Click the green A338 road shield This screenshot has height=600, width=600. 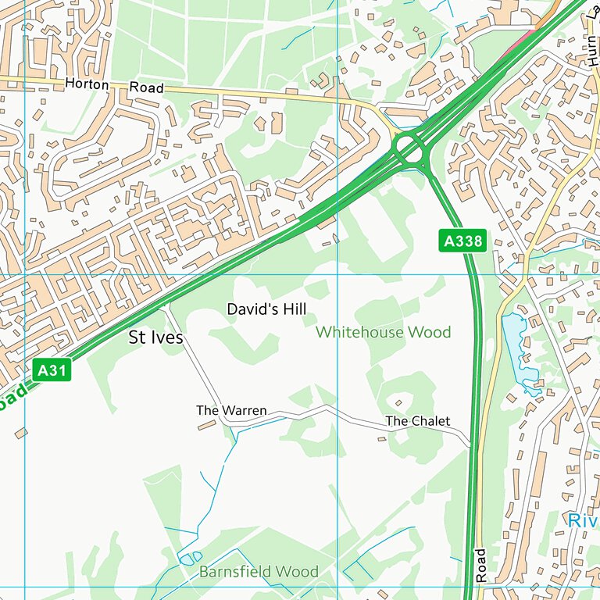463,241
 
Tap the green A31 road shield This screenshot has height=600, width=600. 52,370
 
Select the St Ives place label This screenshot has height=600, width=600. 156,338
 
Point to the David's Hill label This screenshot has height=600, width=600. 266,309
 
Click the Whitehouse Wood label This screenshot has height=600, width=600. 383,333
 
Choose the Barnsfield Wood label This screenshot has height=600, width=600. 259,572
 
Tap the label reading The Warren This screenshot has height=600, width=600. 231,410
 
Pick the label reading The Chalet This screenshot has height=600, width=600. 418,421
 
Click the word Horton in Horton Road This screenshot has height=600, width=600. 87,84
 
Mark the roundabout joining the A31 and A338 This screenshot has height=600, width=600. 408,148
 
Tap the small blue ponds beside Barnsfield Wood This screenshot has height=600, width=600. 187,558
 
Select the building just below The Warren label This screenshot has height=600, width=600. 207,425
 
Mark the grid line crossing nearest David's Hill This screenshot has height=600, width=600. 337,275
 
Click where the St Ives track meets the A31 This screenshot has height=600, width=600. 165,308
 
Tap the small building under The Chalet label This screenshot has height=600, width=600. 382,438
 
